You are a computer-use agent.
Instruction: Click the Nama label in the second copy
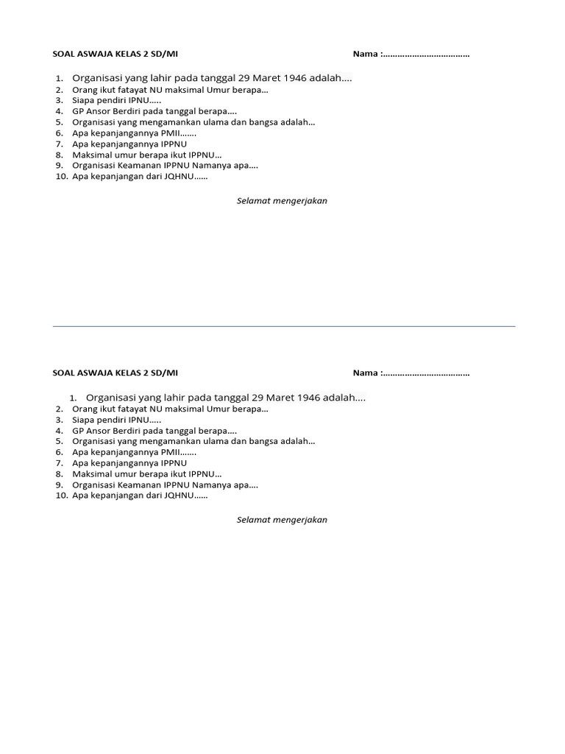coord(365,373)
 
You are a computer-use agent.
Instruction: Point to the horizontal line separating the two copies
coord(284,326)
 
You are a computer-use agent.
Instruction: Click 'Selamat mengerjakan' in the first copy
coord(282,201)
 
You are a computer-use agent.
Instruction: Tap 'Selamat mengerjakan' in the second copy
coord(282,520)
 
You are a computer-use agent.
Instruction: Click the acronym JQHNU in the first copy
coord(177,176)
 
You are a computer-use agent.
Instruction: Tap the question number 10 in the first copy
coord(61,176)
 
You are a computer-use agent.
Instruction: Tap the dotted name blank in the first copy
coord(427,54)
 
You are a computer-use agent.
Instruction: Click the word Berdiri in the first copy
coord(129,111)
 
